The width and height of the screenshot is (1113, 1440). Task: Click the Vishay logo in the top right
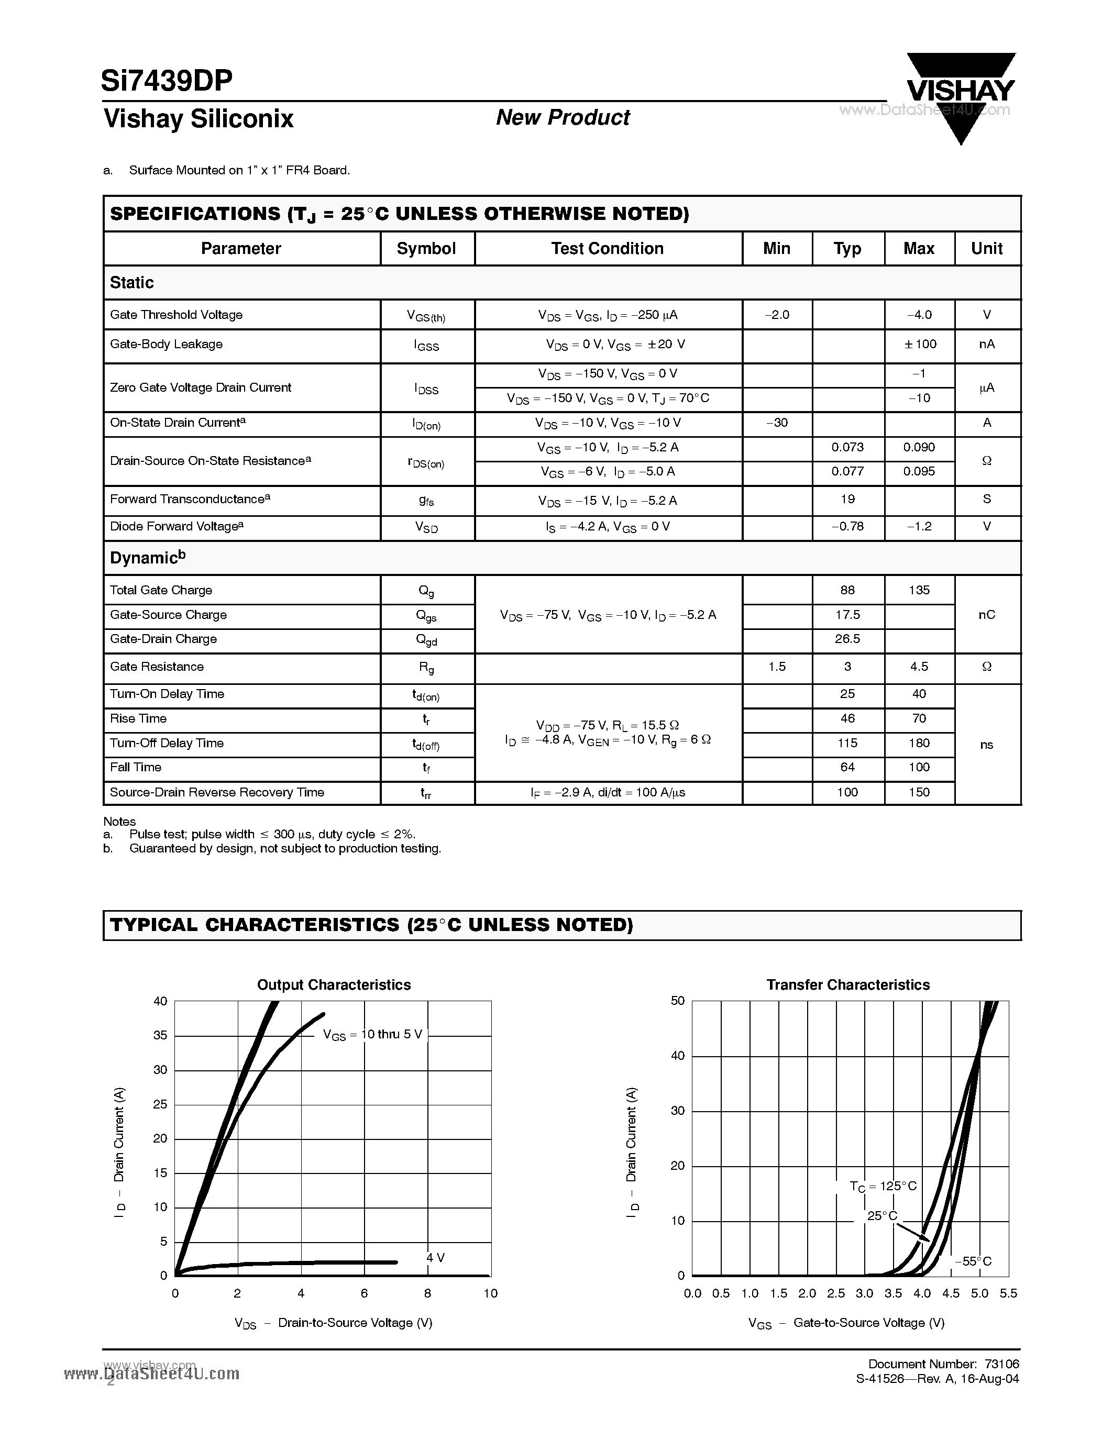(x=960, y=92)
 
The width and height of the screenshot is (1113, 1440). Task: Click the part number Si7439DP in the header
(x=167, y=81)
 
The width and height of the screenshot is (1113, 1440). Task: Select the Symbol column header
(x=426, y=249)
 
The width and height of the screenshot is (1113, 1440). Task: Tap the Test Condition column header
(x=607, y=249)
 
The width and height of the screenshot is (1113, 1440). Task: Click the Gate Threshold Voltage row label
(x=176, y=315)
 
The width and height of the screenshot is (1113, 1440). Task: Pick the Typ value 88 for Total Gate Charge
(x=847, y=590)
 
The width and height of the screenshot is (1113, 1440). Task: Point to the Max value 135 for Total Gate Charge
(x=919, y=590)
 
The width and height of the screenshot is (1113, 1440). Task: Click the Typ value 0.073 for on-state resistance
(x=847, y=448)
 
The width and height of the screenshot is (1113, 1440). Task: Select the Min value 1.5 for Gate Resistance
(x=777, y=667)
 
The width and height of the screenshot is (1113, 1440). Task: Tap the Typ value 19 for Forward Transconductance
(x=847, y=499)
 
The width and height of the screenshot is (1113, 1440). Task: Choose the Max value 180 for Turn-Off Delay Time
(x=919, y=743)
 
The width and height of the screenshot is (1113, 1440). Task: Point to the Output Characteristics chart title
(x=334, y=984)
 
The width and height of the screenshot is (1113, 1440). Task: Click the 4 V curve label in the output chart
(x=435, y=1257)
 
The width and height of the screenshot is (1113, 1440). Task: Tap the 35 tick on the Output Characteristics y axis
(x=160, y=1035)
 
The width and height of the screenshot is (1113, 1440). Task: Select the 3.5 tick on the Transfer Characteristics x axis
(x=893, y=1293)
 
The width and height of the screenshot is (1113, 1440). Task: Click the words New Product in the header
(x=563, y=117)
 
